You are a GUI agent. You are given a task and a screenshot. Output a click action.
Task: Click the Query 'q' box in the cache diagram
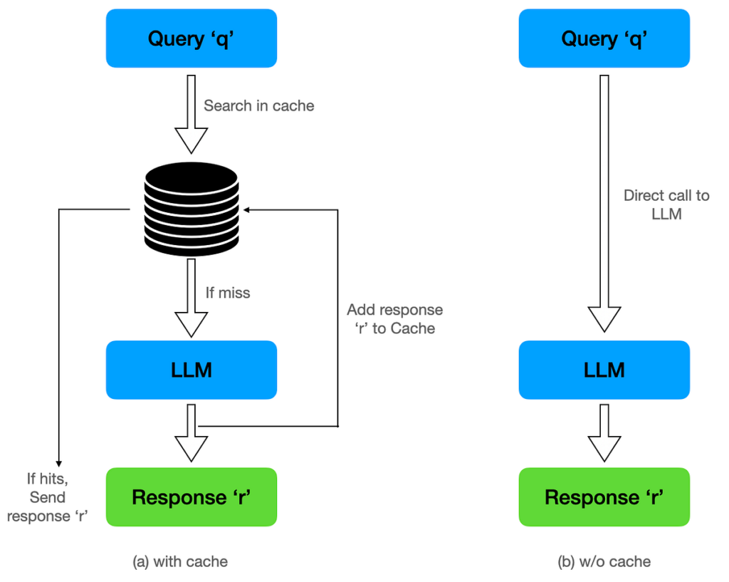(191, 38)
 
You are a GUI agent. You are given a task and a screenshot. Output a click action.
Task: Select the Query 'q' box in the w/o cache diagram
(604, 38)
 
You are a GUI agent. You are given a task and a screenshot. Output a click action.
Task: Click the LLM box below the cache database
(191, 370)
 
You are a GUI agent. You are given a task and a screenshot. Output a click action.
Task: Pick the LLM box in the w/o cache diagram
(604, 370)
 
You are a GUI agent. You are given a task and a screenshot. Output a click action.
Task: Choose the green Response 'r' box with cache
(191, 497)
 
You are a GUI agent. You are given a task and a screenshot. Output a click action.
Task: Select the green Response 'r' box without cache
(604, 497)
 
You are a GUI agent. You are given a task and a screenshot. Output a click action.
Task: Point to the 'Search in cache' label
(258, 105)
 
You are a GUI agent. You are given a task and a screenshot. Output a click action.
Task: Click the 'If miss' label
(227, 292)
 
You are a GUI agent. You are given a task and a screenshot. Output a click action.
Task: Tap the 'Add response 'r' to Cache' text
(394, 319)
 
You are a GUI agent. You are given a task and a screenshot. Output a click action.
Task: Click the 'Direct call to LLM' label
(666, 204)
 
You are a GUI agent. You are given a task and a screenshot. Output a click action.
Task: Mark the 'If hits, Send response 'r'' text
(46, 497)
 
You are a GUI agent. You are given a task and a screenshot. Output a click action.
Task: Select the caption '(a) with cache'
(180, 561)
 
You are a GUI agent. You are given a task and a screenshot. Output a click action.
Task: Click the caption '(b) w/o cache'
(604, 561)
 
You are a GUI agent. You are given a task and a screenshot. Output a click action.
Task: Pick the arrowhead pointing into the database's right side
(246, 209)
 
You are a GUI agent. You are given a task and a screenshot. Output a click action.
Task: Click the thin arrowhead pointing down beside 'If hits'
(58, 462)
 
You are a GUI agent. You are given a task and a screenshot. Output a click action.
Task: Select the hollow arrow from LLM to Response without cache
(604, 433)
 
